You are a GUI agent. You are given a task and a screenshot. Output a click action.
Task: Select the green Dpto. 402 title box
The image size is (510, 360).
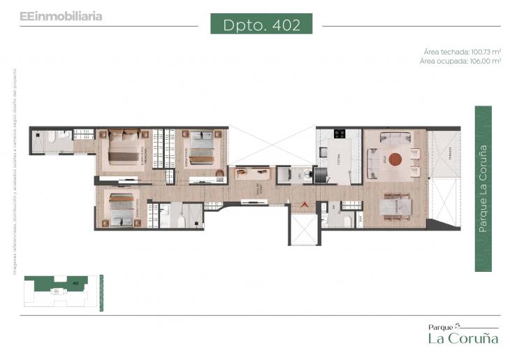[262, 25]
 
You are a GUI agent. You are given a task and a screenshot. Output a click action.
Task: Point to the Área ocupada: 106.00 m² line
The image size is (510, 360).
[461, 62]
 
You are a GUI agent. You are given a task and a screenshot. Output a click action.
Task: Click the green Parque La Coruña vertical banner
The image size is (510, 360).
[483, 188]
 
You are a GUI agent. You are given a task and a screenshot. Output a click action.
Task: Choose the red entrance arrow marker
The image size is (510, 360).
[303, 204]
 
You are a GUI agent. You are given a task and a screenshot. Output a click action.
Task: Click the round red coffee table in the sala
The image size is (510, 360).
[395, 158]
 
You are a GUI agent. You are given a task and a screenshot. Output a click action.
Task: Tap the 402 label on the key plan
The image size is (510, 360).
[75, 282]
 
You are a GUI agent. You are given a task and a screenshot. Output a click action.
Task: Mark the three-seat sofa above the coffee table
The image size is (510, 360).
[395, 136]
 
